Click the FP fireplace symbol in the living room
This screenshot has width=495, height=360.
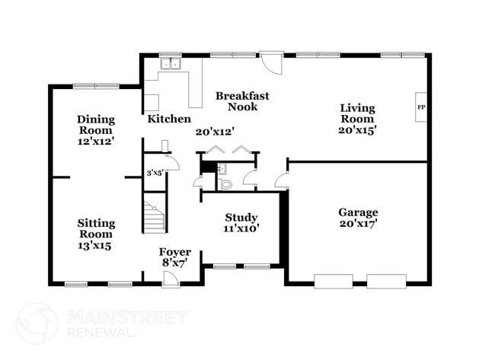pyautogui.click(x=420, y=107)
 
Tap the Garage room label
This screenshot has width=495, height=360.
pyautogui.click(x=357, y=212)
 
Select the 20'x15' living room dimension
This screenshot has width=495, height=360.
pyautogui.click(x=357, y=130)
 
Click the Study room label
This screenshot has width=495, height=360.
pyautogui.click(x=241, y=217)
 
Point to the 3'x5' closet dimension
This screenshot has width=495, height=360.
pyautogui.click(x=155, y=174)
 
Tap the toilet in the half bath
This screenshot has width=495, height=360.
pyautogui.click(x=225, y=183)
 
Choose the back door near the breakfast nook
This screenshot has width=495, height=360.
pyautogui.click(x=270, y=62)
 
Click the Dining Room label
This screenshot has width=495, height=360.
pyautogui.click(x=96, y=119)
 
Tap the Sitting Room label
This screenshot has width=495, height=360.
pyautogui.click(x=96, y=223)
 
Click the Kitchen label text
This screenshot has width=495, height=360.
pyautogui.click(x=169, y=119)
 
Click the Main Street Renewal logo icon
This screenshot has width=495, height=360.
pyautogui.click(x=37, y=324)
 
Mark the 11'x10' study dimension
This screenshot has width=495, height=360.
pyautogui.click(x=241, y=228)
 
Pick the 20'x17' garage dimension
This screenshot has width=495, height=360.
pyautogui.click(x=357, y=224)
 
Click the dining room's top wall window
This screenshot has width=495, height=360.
pyautogui.click(x=94, y=85)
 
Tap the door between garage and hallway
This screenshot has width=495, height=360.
pyautogui.click(x=281, y=181)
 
